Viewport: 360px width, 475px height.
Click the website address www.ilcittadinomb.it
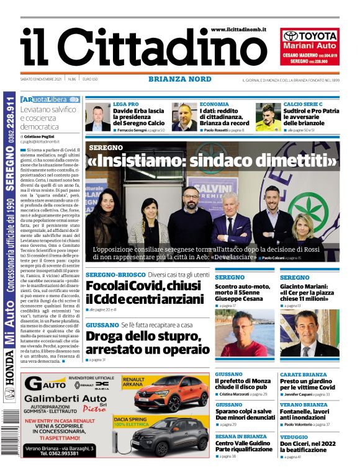pos(242,30)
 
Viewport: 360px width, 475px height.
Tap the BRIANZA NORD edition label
pos(179,79)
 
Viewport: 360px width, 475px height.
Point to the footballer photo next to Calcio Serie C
pos(268,117)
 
